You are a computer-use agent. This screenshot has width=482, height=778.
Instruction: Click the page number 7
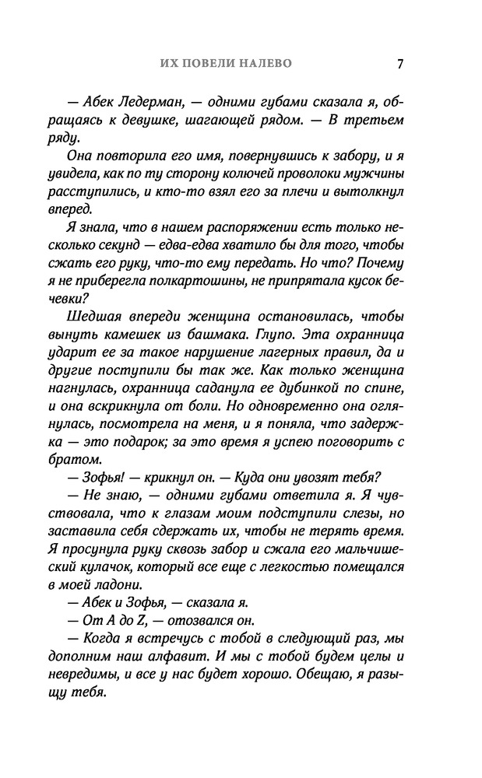399,64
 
